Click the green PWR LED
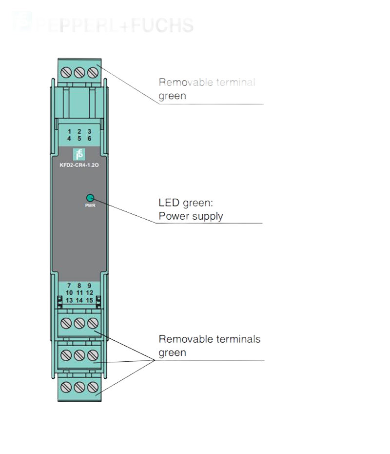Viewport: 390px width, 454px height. click(x=90, y=198)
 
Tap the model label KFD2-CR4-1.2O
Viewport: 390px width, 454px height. click(x=79, y=165)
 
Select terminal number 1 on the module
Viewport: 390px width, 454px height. click(x=69, y=132)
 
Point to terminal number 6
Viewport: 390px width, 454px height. click(x=89, y=139)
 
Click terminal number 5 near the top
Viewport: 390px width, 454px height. click(x=79, y=139)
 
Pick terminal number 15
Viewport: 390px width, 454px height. click(x=89, y=300)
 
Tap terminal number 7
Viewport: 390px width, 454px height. click(x=69, y=286)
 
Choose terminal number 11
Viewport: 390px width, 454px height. click(x=79, y=293)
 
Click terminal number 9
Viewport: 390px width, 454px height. click(x=89, y=286)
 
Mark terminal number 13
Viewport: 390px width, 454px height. click(x=69, y=300)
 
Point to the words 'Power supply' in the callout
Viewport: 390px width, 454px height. click(x=191, y=216)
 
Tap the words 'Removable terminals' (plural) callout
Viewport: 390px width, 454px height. click(x=210, y=339)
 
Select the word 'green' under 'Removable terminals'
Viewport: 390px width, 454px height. click(x=173, y=352)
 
